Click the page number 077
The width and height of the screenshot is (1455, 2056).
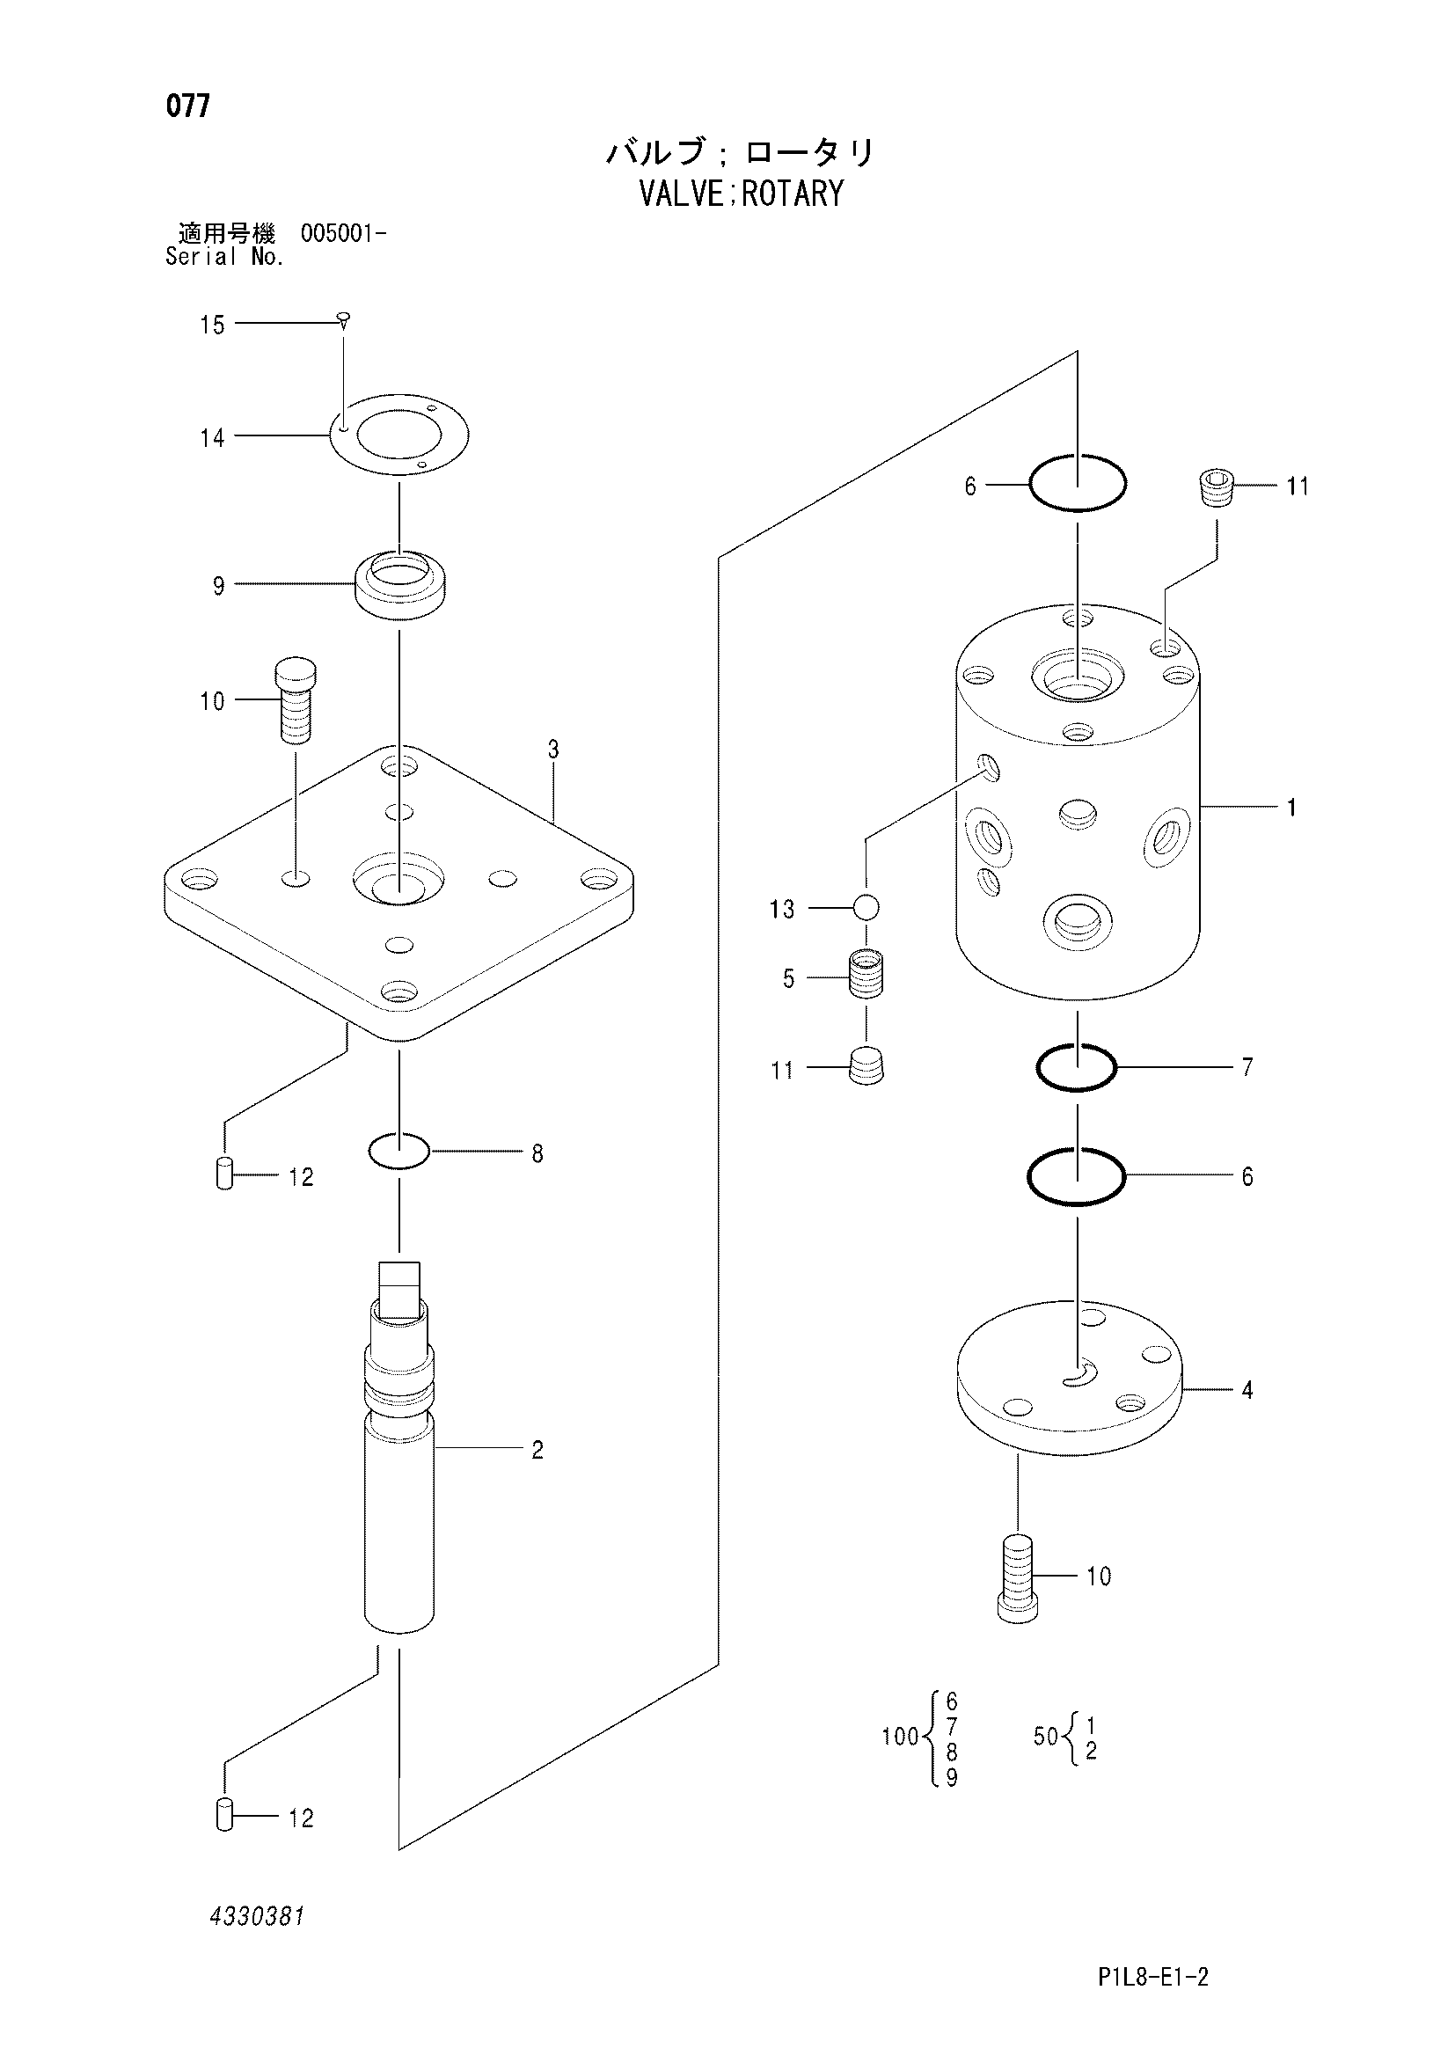(188, 106)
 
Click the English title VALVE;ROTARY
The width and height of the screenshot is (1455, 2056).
(741, 194)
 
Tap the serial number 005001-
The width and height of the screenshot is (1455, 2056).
(344, 234)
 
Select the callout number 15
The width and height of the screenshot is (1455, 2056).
(212, 325)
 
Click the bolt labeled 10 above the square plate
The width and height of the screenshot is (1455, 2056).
(296, 700)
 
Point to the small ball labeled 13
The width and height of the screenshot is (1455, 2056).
(866, 908)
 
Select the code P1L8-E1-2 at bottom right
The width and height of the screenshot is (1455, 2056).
(1153, 1977)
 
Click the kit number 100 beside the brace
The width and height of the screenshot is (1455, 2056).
(901, 1736)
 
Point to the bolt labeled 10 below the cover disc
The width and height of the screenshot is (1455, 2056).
(1018, 1577)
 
